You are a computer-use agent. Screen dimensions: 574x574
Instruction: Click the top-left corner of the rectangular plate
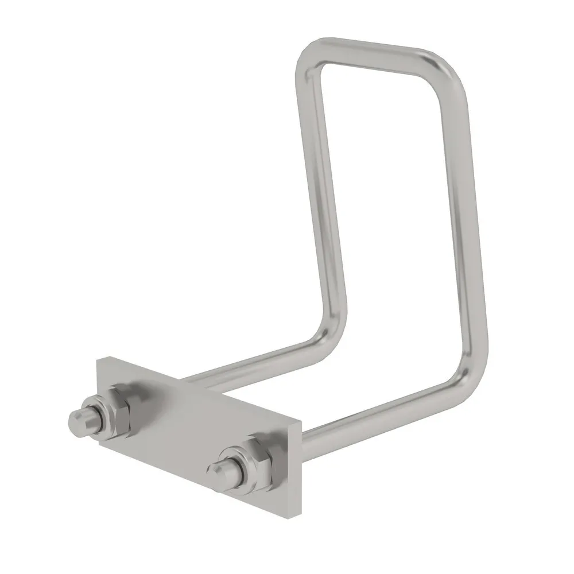click(x=98, y=358)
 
